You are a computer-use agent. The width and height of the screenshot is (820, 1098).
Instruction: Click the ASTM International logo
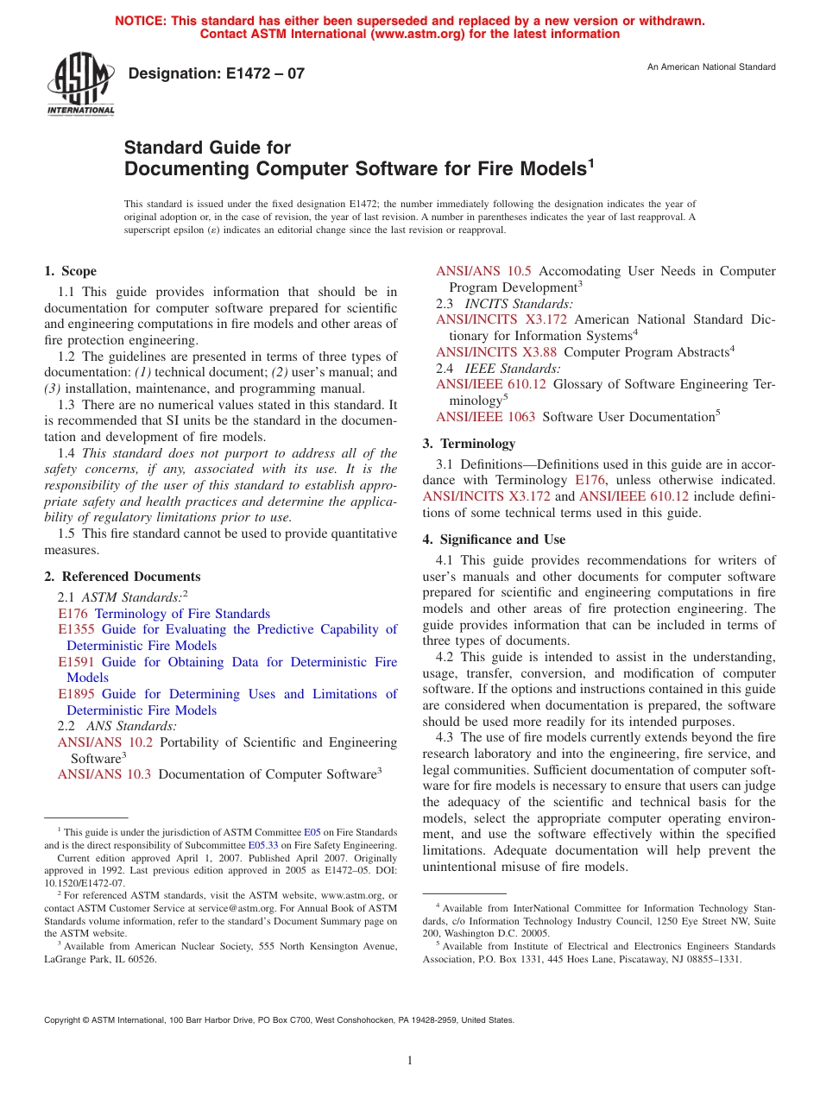[80, 85]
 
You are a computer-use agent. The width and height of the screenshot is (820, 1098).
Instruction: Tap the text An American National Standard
[711, 67]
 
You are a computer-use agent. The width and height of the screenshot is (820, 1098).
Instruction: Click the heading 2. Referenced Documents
[122, 577]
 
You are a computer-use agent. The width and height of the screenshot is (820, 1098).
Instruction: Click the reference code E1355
[75, 630]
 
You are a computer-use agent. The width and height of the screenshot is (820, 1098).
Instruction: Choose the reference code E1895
[75, 695]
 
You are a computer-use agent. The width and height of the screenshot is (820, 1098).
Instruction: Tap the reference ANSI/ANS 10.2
[104, 742]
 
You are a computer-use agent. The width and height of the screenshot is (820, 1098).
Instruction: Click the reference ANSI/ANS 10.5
[483, 271]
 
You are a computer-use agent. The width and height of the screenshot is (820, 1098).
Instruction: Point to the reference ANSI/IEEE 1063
[485, 417]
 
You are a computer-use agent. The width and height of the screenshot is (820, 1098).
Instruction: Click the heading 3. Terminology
[469, 444]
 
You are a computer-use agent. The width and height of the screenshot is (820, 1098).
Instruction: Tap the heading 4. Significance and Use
[494, 540]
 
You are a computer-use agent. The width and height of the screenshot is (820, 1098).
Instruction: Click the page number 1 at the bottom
[410, 1061]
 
